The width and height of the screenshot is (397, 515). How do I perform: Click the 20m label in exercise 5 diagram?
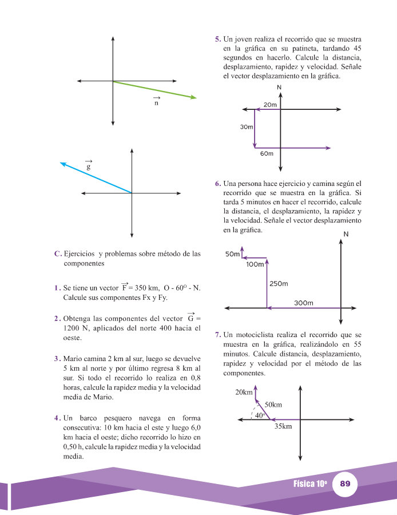(x=270, y=105)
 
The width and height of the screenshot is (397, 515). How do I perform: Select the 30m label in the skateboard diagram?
(x=247, y=127)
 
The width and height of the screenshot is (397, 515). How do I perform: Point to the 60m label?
(x=267, y=153)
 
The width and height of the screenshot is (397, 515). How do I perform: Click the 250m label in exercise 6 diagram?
(x=279, y=284)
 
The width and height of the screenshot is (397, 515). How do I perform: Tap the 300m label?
(x=304, y=303)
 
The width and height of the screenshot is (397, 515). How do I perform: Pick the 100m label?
(x=255, y=264)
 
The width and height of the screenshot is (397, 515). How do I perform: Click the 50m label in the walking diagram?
(x=232, y=253)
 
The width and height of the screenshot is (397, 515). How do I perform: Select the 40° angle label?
(x=259, y=416)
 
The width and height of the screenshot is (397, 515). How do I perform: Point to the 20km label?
(x=244, y=392)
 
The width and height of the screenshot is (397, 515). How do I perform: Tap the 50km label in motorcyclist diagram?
(x=273, y=405)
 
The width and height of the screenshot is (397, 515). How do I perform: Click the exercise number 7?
(x=218, y=334)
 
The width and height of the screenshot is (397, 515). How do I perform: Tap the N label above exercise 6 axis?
(x=346, y=234)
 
